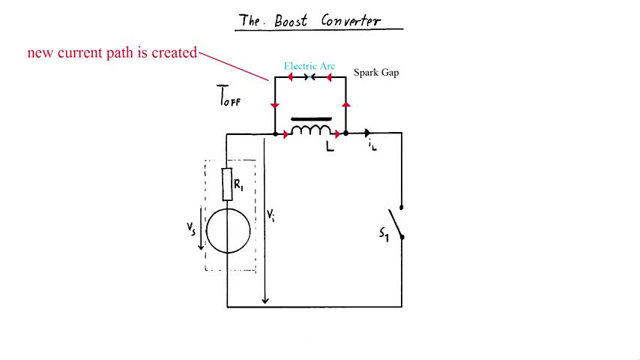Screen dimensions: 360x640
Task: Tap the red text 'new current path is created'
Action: point(112,53)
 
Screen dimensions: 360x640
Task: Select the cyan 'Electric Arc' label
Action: point(309,66)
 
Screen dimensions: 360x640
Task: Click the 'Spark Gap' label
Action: point(376,73)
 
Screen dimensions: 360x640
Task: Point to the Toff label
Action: point(229,97)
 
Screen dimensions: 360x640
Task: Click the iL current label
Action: point(372,147)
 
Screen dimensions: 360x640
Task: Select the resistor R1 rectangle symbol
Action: point(227,184)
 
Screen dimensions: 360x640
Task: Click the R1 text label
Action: point(238,184)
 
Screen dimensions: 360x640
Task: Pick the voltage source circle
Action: point(228,231)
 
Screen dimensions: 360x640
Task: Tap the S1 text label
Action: point(384,234)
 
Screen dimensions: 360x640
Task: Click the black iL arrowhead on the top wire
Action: point(368,133)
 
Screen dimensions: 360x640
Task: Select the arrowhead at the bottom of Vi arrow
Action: point(265,301)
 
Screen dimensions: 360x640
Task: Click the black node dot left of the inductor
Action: point(276,134)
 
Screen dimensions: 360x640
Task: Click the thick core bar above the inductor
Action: point(311,118)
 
